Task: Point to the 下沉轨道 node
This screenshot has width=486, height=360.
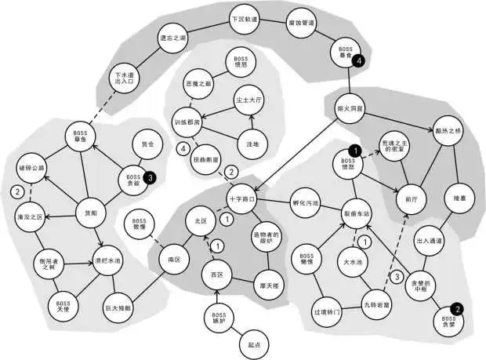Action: click(243, 16)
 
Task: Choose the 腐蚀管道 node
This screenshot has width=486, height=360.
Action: click(301, 24)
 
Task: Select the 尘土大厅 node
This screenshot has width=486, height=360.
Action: click(249, 101)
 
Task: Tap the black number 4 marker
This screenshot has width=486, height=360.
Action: click(359, 60)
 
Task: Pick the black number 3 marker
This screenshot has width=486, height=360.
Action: click(150, 177)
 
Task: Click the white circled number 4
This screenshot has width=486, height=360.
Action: click(183, 147)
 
